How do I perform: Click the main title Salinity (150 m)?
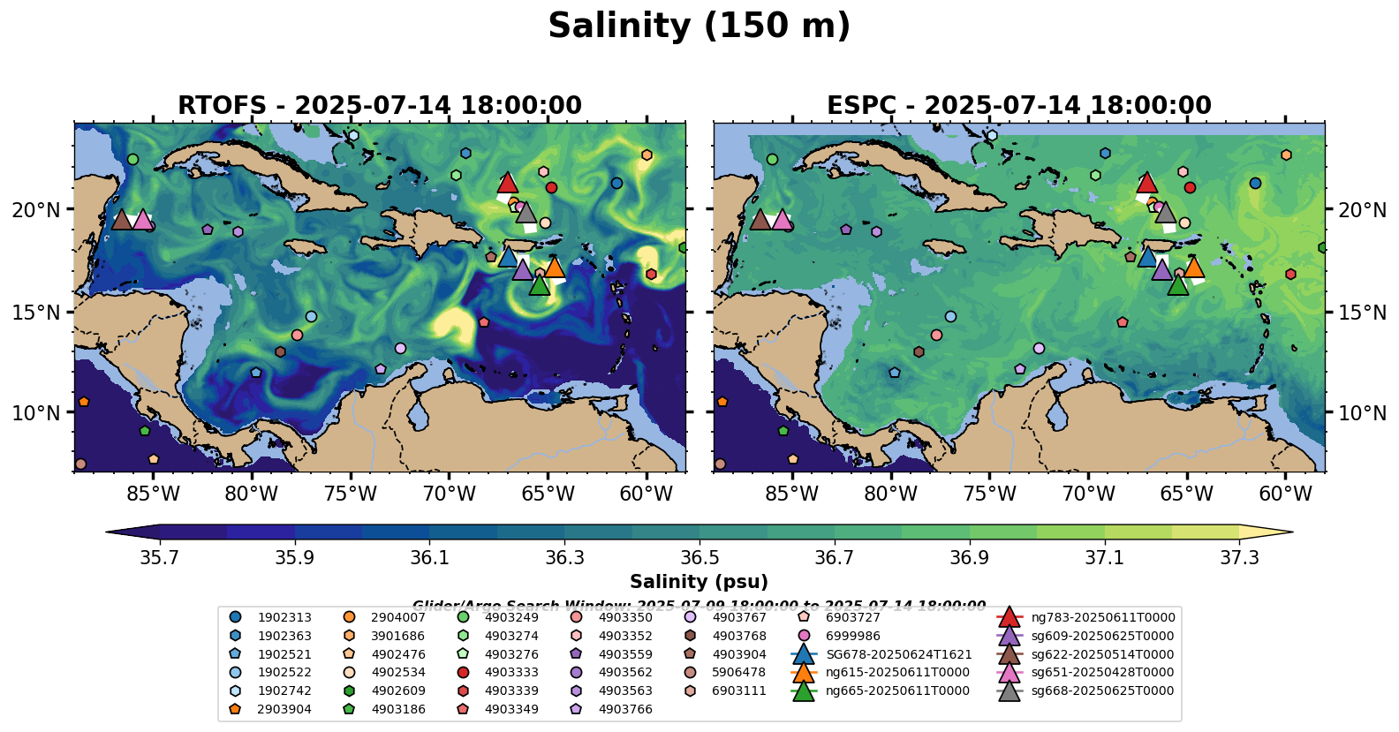pos(699,26)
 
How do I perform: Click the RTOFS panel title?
pos(380,106)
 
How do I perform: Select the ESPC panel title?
pos(1018,106)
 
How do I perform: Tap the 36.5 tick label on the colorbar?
pos(699,558)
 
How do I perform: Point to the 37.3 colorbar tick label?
pos(1239,558)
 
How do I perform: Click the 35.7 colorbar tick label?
pos(160,558)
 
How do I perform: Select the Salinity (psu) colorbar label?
pos(699,582)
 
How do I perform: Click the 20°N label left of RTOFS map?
pos(36,210)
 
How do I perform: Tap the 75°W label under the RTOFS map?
pos(351,494)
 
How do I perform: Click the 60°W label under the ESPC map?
pos(1285,494)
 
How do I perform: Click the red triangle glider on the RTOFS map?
pos(507,183)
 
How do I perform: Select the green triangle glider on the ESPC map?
pos(1178,284)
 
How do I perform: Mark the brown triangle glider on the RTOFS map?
pos(122,220)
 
